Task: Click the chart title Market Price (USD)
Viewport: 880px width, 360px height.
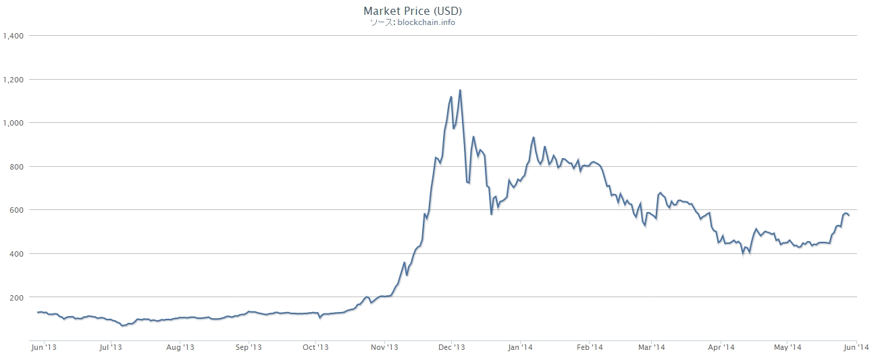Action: [x=413, y=11]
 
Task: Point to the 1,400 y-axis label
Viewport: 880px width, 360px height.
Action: [x=14, y=35]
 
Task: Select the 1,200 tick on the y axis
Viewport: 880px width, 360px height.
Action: [x=14, y=79]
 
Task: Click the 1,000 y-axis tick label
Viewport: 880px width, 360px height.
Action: [x=14, y=123]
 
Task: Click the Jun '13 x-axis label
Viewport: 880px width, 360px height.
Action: [x=44, y=348]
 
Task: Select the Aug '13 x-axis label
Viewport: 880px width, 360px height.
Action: [x=180, y=348]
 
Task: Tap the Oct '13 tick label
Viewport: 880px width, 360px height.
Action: [x=315, y=348]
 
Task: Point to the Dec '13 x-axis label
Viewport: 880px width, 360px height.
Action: [x=452, y=348]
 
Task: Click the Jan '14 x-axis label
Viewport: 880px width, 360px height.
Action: [x=521, y=348]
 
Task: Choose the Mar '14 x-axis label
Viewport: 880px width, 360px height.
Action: [x=651, y=348]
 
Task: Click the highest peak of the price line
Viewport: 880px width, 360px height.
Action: [x=460, y=90]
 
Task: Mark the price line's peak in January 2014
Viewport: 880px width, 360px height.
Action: [x=534, y=137]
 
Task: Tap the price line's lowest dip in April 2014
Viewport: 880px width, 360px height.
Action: [x=743, y=255]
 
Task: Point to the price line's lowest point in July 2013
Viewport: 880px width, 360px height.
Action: [x=123, y=326]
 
